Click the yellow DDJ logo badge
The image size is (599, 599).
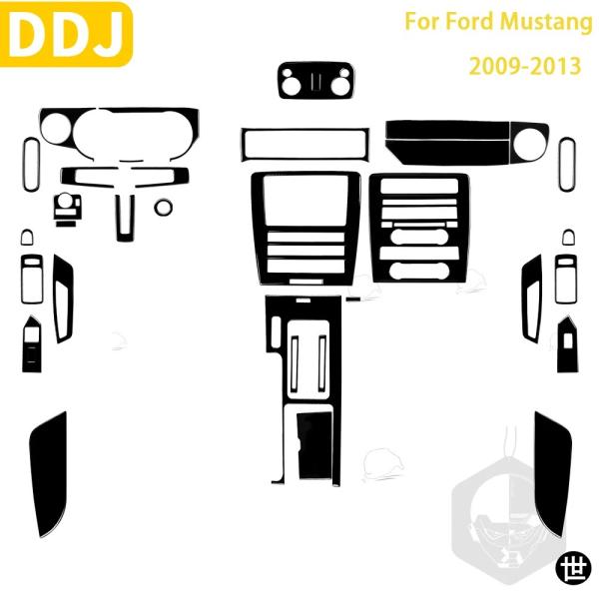pyautogui.click(x=66, y=34)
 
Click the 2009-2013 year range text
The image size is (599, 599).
pyautogui.click(x=525, y=66)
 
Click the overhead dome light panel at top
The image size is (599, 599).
pyautogui.click(x=315, y=80)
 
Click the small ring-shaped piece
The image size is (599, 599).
pyautogui.click(x=163, y=207)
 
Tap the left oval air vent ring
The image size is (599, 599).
pyautogui.click(x=31, y=165)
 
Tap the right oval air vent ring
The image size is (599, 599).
pyautogui.click(x=567, y=165)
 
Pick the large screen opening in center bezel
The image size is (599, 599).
pyautogui.click(x=305, y=200)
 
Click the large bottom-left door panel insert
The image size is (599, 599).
pyautogui.click(x=49, y=473)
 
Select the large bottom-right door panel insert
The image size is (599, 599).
pyautogui.click(x=552, y=473)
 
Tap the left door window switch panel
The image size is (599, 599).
pyautogui.click(x=32, y=343)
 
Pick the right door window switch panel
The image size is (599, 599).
pyautogui.click(x=567, y=343)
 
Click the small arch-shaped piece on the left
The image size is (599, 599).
pyautogui.click(x=27, y=238)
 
